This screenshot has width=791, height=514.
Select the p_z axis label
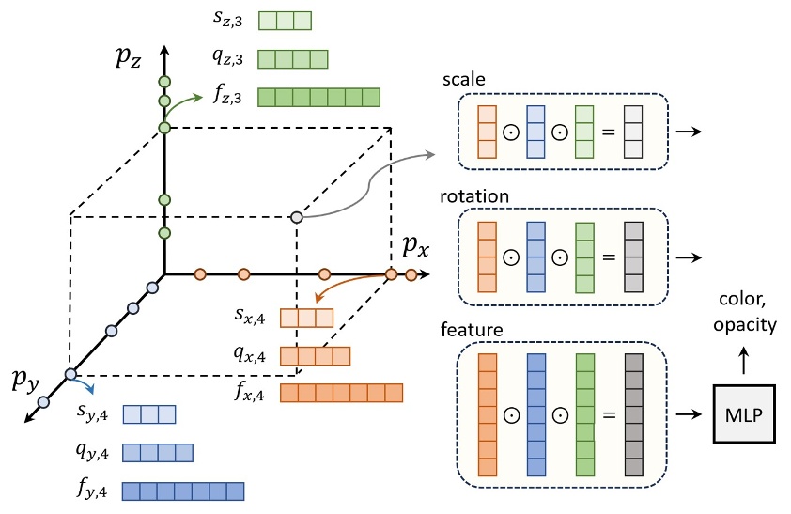[x=129, y=57]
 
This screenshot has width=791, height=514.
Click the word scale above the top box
[x=463, y=81]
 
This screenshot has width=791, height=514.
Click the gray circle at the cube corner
[x=297, y=217]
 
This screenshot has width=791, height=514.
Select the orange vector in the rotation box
[x=487, y=256]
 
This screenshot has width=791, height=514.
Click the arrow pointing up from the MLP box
[x=744, y=358]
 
